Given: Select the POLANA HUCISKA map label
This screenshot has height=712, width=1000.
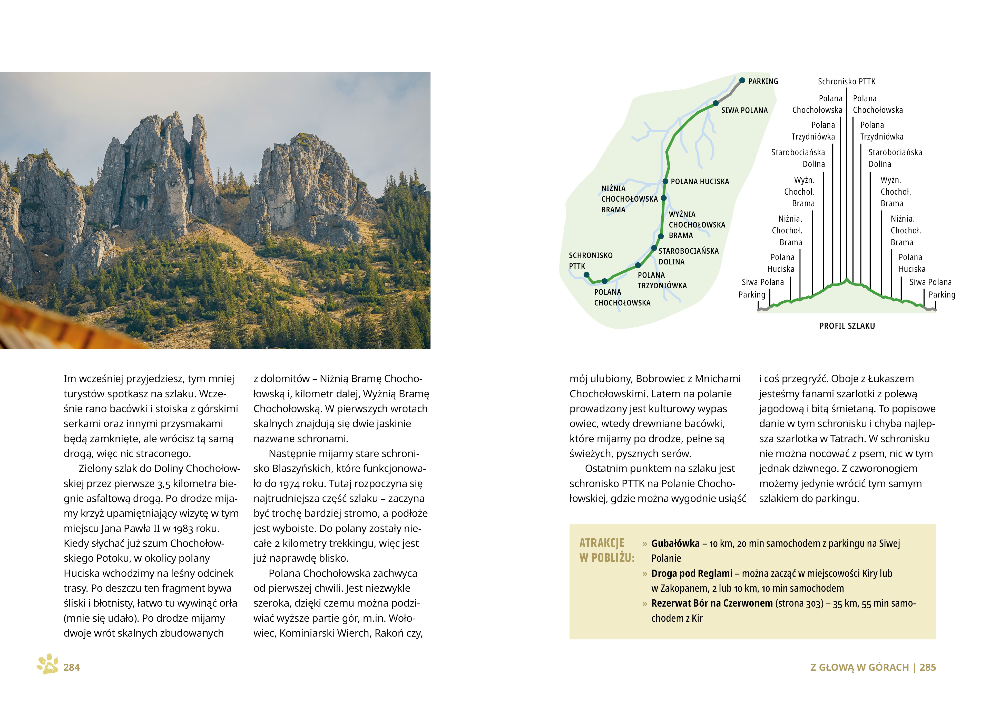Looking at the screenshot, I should [700, 182].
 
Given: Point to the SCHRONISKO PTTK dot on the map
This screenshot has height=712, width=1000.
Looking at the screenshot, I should [586, 275].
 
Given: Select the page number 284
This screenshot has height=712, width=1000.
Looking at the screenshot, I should [72, 667].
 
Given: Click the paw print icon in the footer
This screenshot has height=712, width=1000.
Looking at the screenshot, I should [48, 664].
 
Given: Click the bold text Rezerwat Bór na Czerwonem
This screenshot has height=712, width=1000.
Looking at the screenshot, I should [712, 603].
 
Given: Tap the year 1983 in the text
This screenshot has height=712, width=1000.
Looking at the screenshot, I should [181, 529].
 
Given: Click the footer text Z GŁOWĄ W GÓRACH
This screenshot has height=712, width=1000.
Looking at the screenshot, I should [860, 667].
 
